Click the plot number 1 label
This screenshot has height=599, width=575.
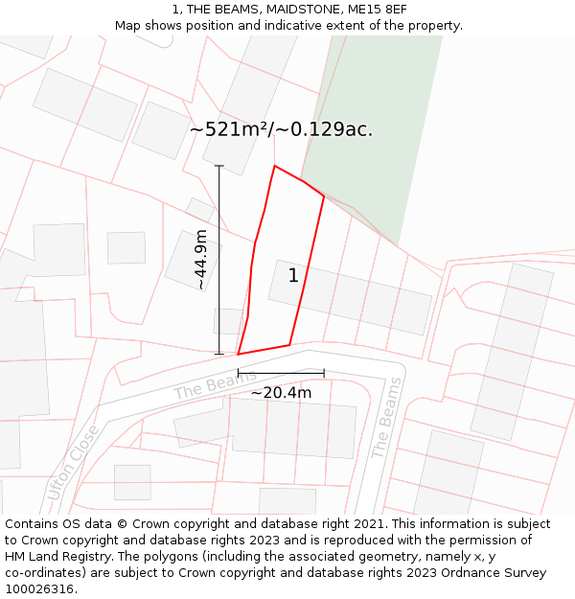coord(293,276)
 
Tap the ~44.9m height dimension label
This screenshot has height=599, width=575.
coord(200,260)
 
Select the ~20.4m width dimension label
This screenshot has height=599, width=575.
coord(281,392)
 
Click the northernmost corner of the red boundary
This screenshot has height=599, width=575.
coord(275,166)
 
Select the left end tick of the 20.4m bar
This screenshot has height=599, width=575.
coord(238,373)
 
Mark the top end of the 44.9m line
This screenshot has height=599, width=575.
coord(219,166)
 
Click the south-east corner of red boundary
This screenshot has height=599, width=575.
coord(289,345)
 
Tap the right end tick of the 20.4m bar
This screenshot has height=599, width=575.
coord(324,373)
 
